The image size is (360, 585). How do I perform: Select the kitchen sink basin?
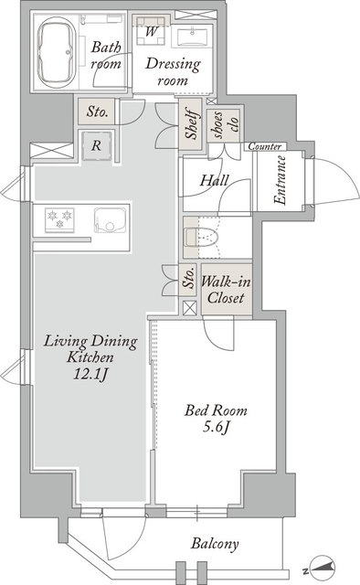point(111,220)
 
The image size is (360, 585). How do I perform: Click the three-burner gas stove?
point(59,219)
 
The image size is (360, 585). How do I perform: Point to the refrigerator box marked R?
point(97,145)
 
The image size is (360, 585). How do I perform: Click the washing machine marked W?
point(151,31)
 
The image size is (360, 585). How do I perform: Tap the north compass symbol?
point(322,568)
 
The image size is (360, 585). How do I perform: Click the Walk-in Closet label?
point(226,290)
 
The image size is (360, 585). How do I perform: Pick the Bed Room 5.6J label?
point(216,419)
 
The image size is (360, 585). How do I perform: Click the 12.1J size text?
point(91,374)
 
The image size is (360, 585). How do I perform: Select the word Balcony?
point(215,544)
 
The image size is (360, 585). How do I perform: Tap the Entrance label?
point(281,180)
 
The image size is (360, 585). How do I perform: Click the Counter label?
point(265,146)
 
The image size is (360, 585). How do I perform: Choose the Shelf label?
point(192,123)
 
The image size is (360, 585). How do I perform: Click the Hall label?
point(215,181)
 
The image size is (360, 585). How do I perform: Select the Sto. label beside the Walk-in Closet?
point(189,278)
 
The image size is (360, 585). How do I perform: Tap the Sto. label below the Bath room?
point(98,112)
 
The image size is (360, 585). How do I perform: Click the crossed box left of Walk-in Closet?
point(190,308)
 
